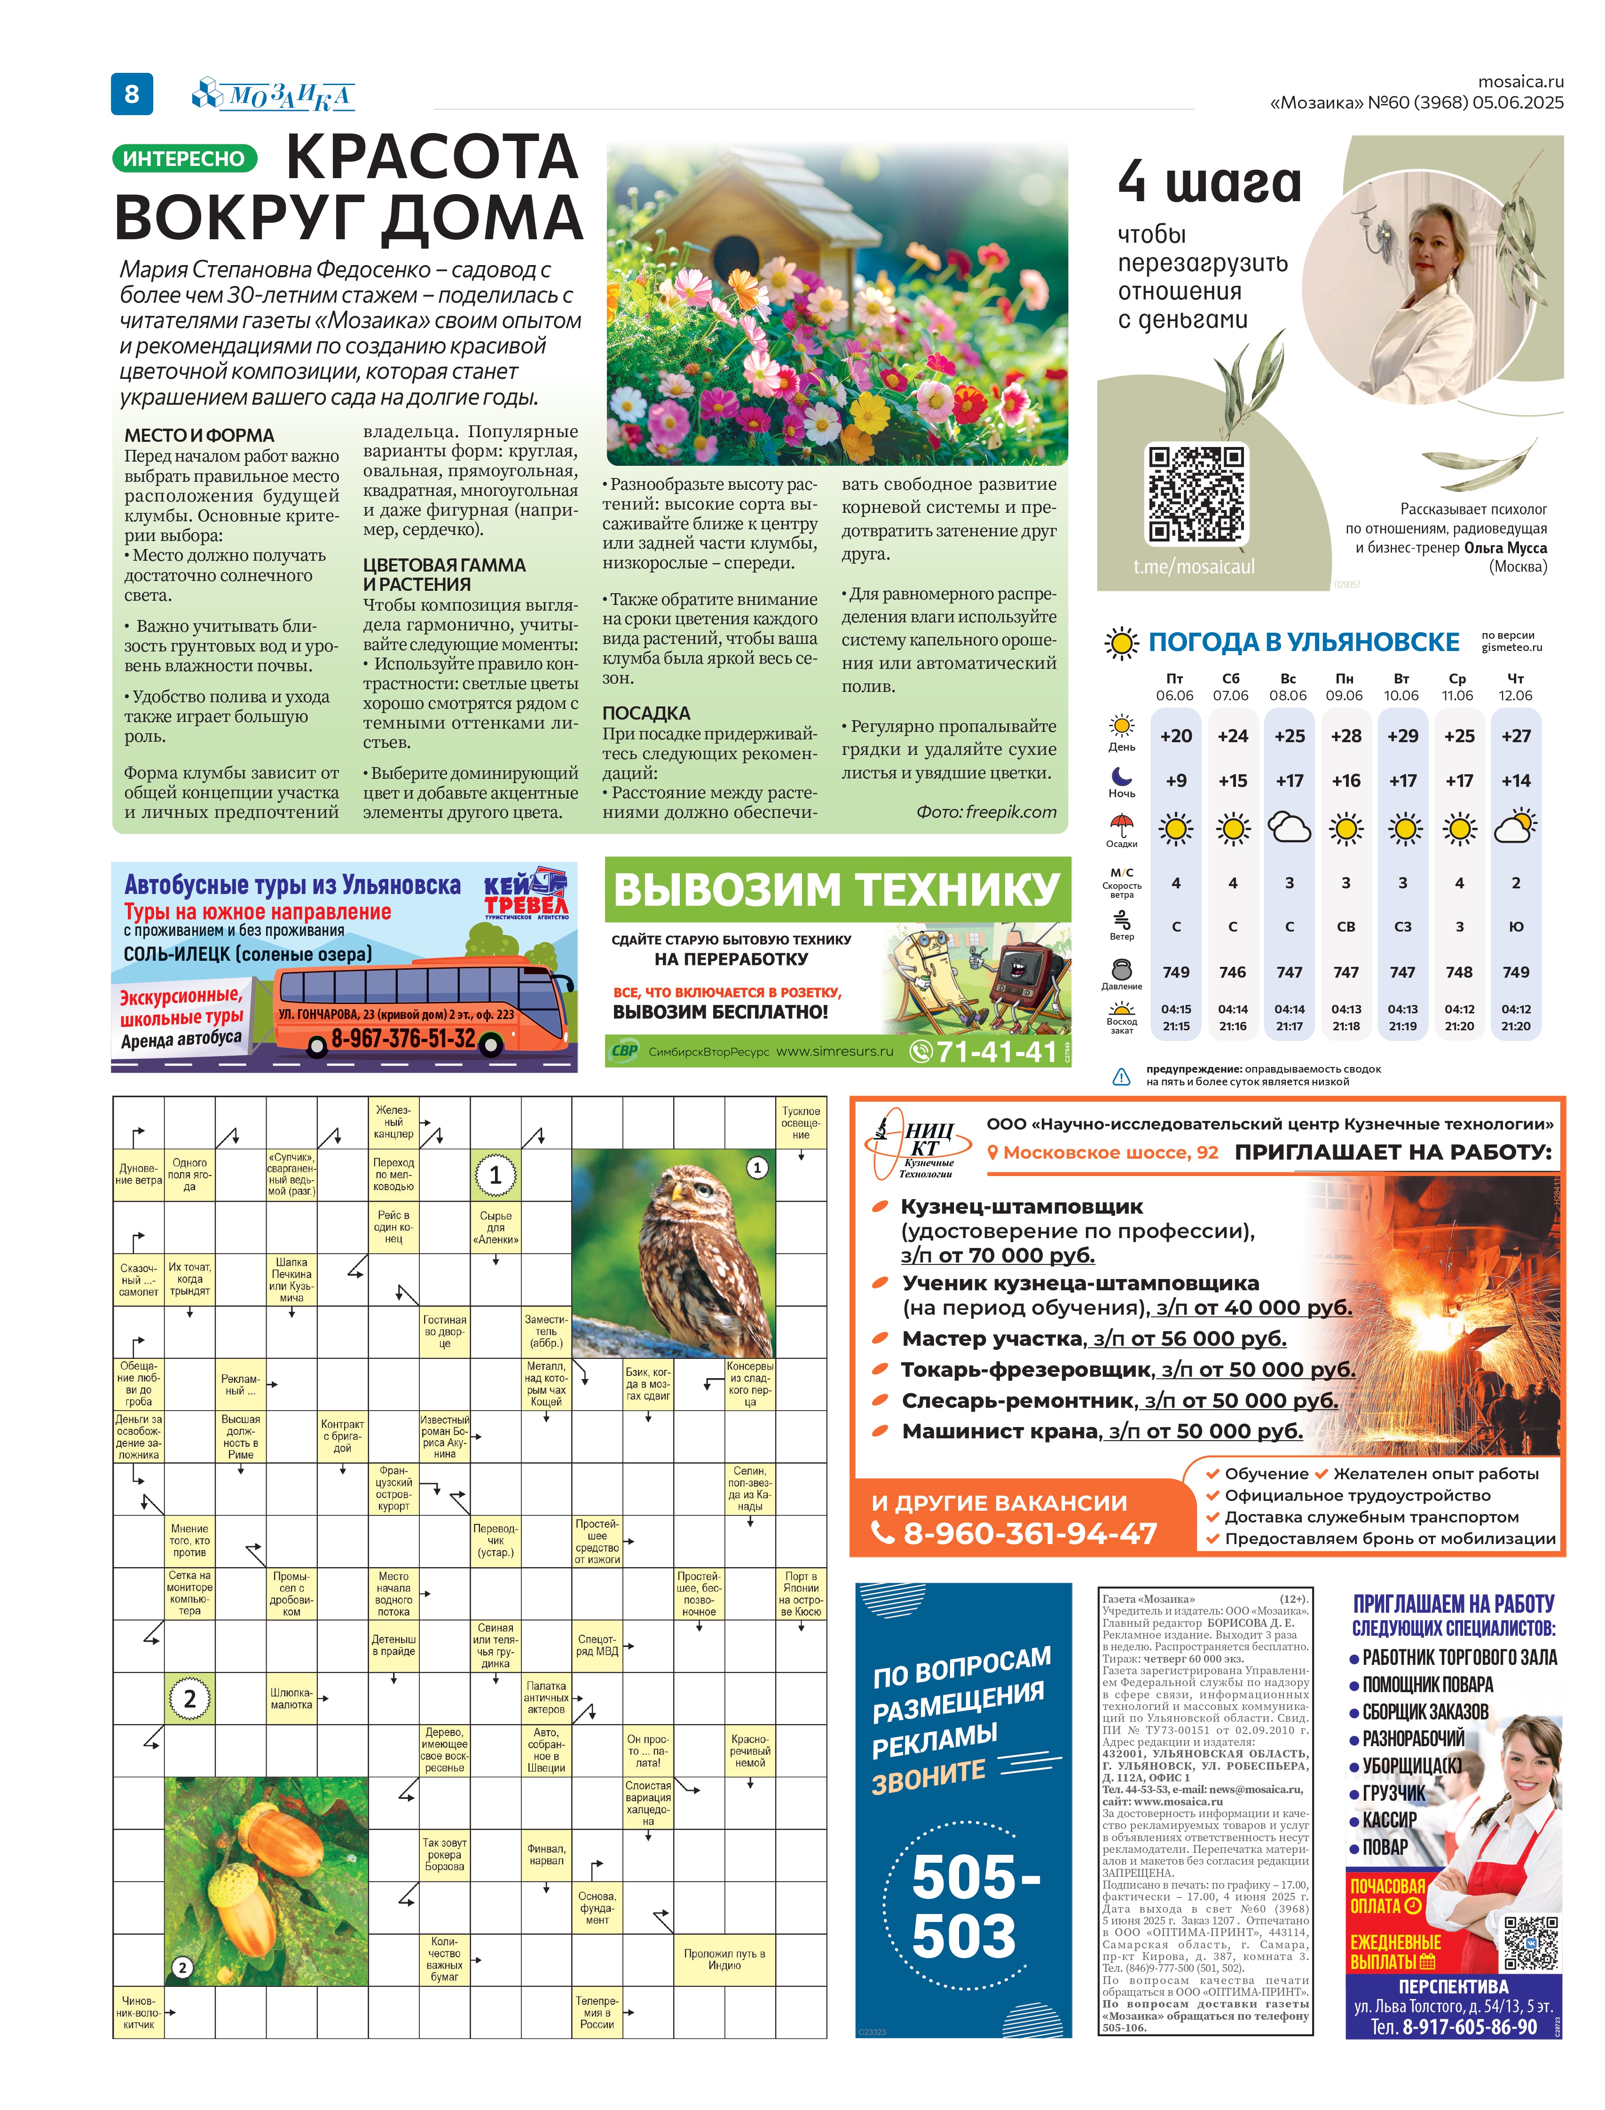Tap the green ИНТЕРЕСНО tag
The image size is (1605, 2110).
click(x=184, y=158)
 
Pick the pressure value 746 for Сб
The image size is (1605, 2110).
click(x=1232, y=972)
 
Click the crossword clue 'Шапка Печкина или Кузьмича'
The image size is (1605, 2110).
click(x=291, y=1280)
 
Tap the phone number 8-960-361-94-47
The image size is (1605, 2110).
click(x=1030, y=1533)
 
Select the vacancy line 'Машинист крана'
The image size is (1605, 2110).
click(x=1101, y=1431)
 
